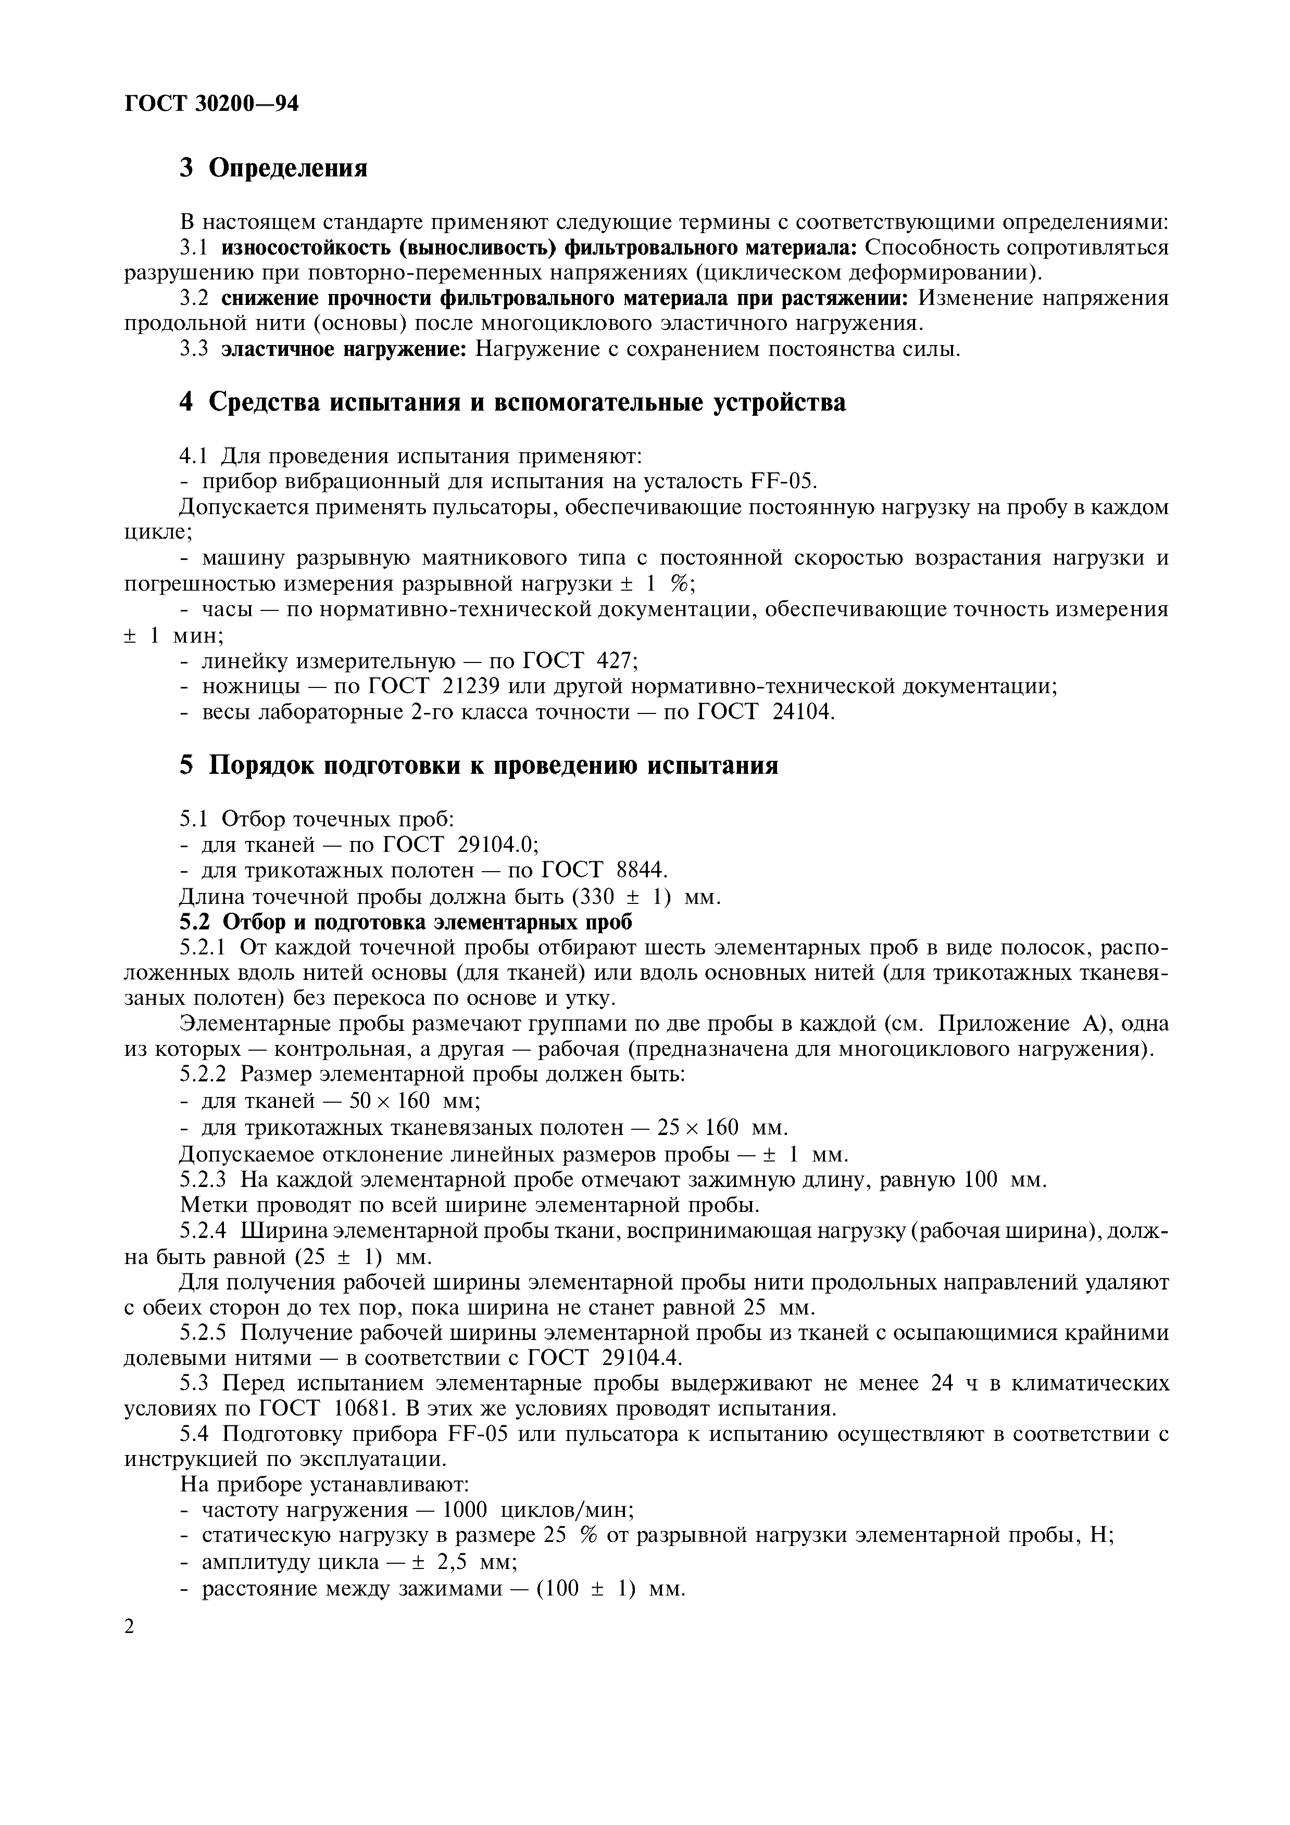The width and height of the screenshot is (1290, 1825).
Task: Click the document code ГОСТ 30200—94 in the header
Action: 211,104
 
